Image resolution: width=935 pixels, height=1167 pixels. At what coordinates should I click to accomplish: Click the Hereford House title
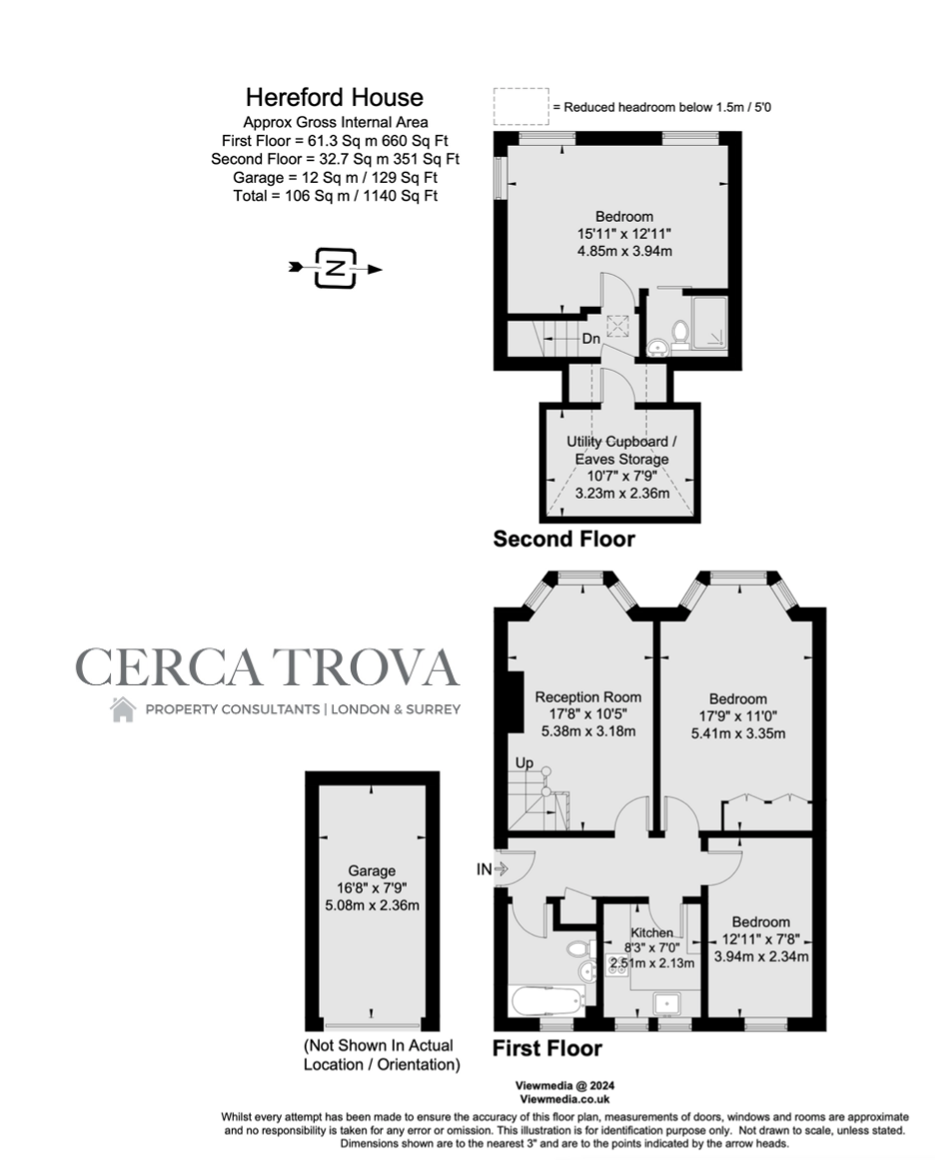point(335,98)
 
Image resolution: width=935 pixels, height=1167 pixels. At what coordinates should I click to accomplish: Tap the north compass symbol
point(336,268)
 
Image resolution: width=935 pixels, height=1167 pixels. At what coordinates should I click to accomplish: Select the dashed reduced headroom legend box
point(520,106)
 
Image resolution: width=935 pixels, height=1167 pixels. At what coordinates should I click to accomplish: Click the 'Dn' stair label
point(590,339)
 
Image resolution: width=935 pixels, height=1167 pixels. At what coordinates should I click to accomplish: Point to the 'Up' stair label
point(524,763)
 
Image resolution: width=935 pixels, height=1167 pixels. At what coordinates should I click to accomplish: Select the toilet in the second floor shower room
point(680,334)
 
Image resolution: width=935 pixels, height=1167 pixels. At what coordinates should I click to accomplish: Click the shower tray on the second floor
point(709,323)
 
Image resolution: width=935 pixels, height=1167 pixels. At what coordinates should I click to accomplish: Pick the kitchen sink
point(668,1003)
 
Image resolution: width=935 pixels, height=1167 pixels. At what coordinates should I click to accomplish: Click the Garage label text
point(372,871)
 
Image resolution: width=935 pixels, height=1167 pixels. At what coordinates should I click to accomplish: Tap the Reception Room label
point(588,697)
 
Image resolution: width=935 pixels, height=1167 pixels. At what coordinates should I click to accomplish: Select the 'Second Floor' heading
point(564,539)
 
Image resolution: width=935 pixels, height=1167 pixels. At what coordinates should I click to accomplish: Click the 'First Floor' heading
point(547,1049)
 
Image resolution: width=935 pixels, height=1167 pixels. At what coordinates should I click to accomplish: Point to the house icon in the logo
point(123,709)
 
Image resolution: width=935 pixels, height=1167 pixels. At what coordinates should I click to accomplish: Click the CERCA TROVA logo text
point(267,666)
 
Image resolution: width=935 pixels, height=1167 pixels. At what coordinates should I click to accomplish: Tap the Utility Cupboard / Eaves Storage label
point(622,451)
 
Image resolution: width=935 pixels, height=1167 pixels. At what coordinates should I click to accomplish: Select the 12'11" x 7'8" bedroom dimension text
point(761,939)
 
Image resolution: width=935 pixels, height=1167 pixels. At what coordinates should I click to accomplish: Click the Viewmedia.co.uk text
point(564,1098)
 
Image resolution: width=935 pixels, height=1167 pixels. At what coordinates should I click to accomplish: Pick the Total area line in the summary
point(336,196)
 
